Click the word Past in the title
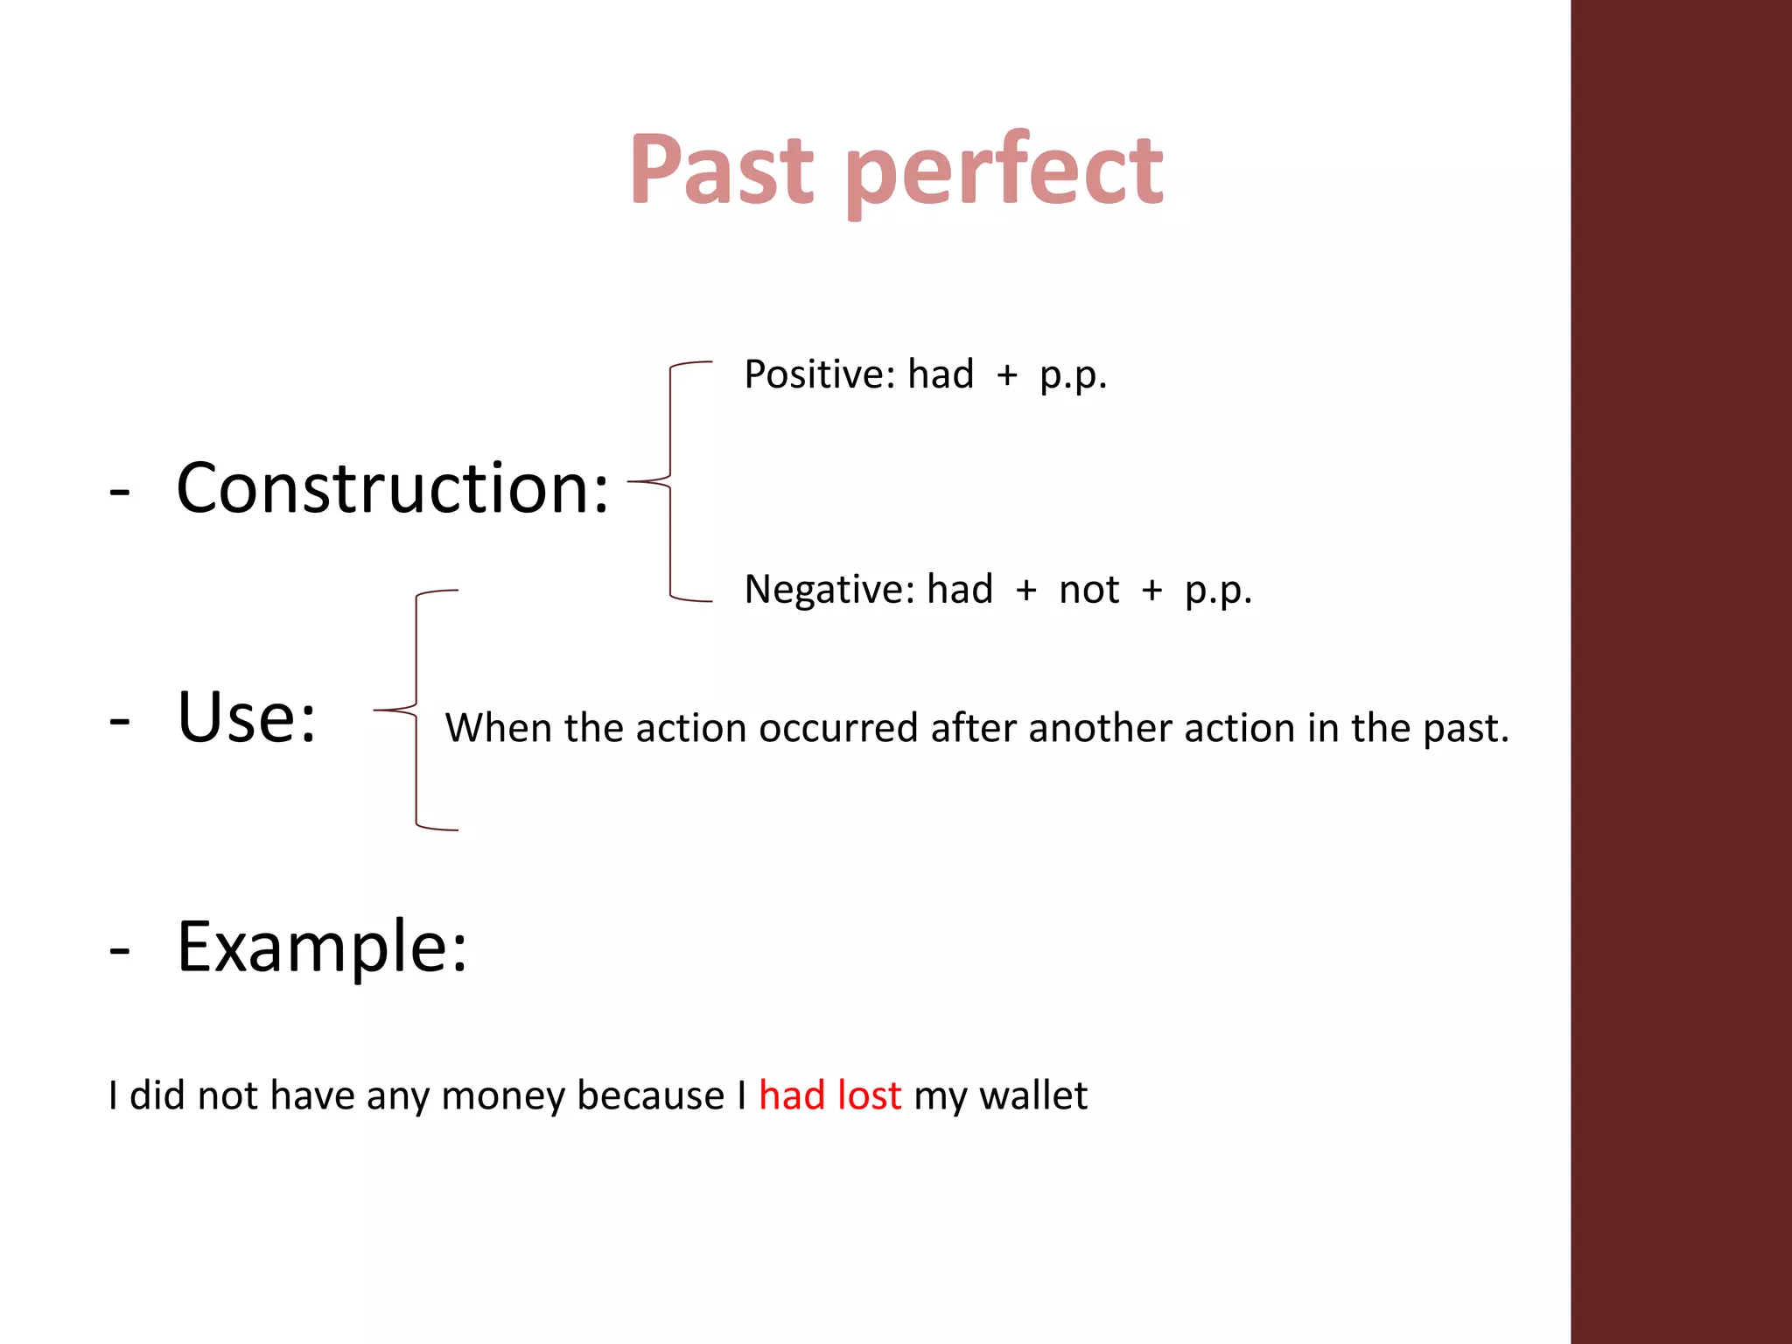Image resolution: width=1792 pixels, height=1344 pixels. (x=722, y=171)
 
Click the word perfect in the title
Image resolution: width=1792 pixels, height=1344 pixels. (x=1004, y=173)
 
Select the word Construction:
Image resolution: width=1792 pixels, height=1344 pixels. (x=392, y=488)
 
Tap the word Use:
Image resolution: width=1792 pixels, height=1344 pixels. (x=247, y=717)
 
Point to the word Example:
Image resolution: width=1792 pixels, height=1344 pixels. (x=322, y=947)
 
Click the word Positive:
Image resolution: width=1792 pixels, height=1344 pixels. (x=819, y=375)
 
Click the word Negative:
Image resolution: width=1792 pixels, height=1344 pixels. (x=829, y=590)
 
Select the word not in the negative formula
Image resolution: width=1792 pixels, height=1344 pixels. (x=1088, y=590)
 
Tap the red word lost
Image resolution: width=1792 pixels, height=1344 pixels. (x=869, y=1095)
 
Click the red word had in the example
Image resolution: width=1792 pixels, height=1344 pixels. (x=792, y=1095)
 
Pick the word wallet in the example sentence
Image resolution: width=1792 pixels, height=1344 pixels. (x=1033, y=1095)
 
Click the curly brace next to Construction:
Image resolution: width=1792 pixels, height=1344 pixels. (x=671, y=481)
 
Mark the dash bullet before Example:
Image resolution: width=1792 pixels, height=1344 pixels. (x=120, y=950)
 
